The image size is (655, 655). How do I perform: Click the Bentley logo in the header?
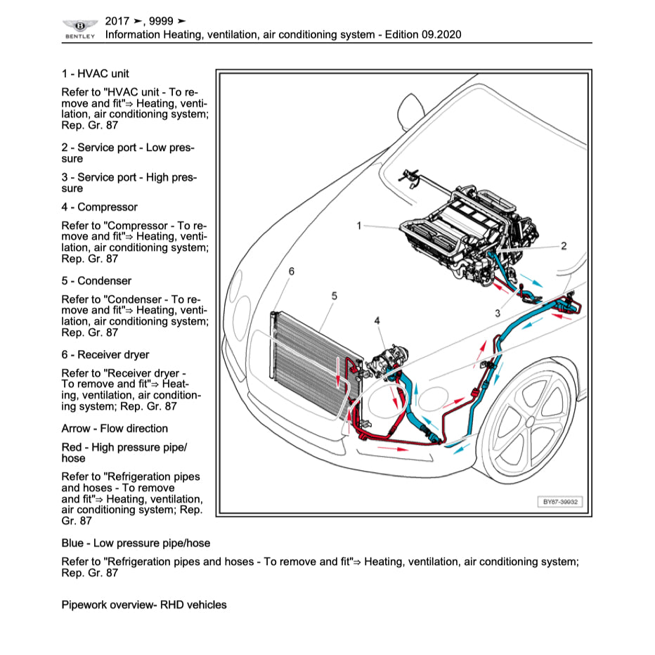tap(79, 27)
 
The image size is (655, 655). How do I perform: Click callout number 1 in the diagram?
tap(359, 226)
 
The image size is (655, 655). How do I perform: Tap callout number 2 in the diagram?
tap(564, 246)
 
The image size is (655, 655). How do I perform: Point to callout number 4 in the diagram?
tap(377, 321)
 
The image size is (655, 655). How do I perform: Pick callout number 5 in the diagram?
tap(334, 296)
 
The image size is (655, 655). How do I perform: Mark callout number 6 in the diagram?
tap(292, 271)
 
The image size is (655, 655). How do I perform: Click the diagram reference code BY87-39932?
tap(559, 502)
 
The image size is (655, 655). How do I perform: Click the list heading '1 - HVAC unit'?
tap(95, 73)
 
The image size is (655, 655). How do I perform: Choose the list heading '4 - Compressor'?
tap(99, 207)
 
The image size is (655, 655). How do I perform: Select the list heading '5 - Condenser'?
tap(96, 281)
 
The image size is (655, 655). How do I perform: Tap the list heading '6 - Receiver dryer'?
tap(105, 355)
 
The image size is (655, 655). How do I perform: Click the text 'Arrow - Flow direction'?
tap(115, 429)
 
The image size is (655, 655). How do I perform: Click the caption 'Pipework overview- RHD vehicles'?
tap(144, 605)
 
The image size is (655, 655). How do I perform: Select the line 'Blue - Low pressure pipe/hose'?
tap(136, 543)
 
